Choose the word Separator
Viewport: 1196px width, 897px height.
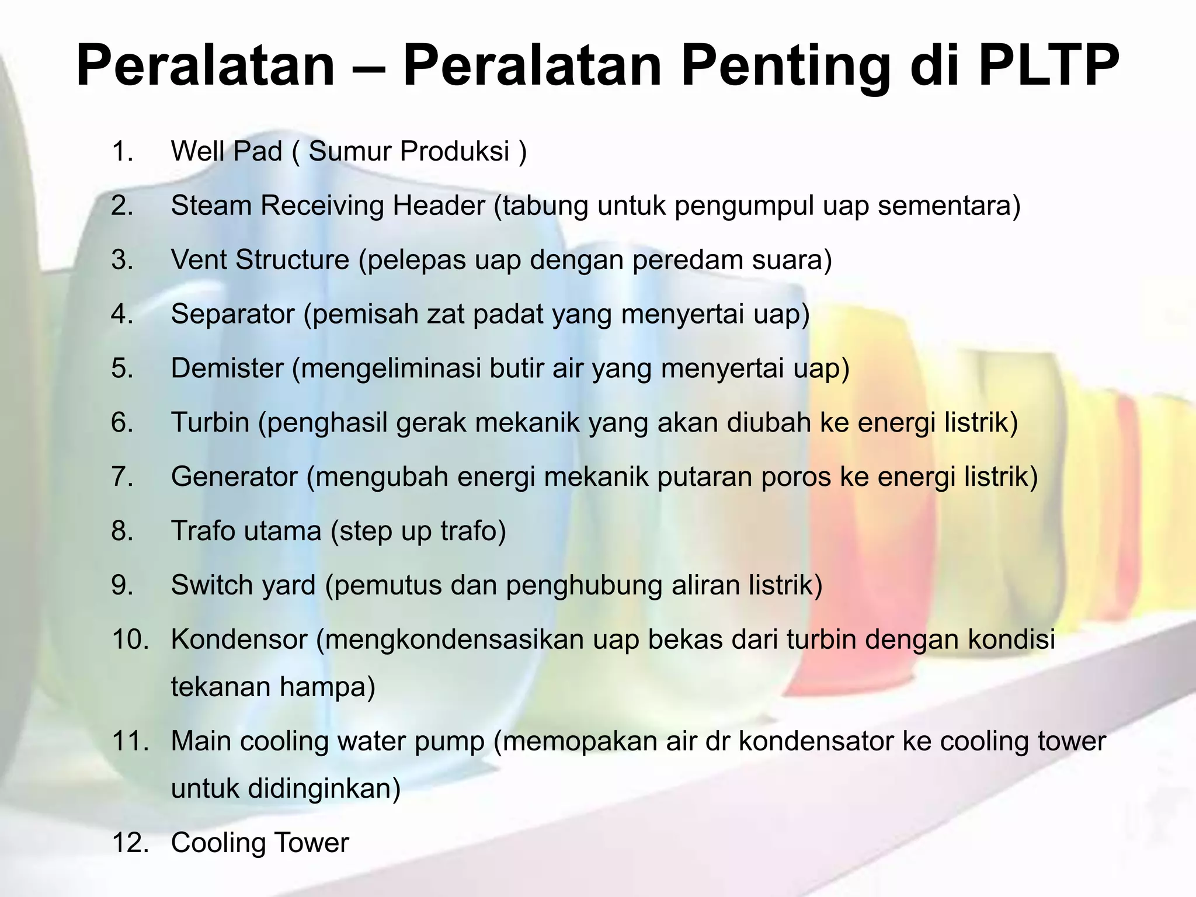(x=232, y=314)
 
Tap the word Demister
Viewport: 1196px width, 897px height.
(x=227, y=368)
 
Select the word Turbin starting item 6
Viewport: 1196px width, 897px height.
(x=210, y=422)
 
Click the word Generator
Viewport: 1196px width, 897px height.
(x=234, y=477)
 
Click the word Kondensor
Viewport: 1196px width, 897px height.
(x=239, y=639)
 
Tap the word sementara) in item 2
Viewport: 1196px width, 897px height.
(x=949, y=206)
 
